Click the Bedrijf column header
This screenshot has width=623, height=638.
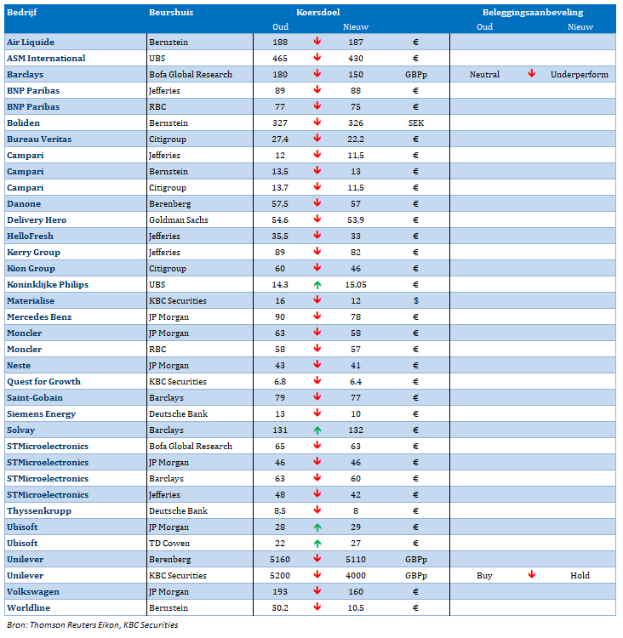click(22, 13)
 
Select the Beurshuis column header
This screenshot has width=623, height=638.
click(171, 13)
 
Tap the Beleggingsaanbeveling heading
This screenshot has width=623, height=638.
click(533, 13)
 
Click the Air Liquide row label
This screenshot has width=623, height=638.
click(31, 43)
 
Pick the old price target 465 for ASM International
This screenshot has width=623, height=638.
click(280, 59)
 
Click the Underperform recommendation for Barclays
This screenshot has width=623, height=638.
click(580, 75)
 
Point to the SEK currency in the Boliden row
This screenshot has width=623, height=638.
click(416, 123)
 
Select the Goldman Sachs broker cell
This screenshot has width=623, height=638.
click(179, 220)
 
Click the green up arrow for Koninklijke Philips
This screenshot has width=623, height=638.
click(317, 285)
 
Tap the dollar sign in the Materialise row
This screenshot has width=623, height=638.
click(415, 301)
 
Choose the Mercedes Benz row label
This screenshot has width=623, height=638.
click(39, 317)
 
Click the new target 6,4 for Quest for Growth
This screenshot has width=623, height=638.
click(356, 382)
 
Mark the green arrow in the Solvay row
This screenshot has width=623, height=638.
click(317, 430)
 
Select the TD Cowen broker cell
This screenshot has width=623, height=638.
click(169, 544)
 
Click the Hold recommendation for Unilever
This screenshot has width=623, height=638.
click(580, 576)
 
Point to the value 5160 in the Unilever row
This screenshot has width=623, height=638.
click(280, 560)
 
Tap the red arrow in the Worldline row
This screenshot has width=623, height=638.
click(317, 607)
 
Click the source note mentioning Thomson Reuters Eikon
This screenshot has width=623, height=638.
click(93, 625)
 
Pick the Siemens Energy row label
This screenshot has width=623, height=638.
click(41, 414)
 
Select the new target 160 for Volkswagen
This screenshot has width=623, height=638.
click(356, 592)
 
